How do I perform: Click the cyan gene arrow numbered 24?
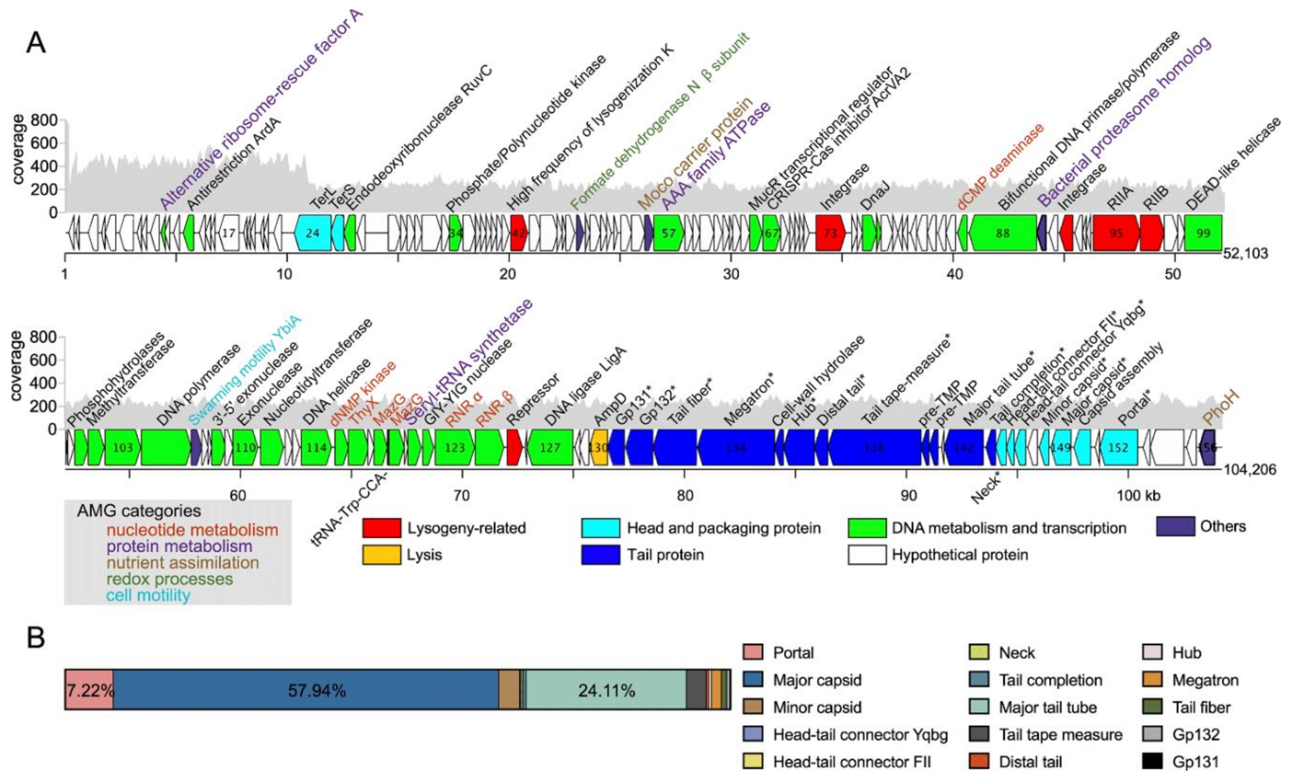[312, 233]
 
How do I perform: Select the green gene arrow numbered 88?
[1003, 233]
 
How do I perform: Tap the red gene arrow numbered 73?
[830, 233]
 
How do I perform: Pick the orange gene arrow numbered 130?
[599, 448]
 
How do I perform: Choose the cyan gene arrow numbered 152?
[1118, 448]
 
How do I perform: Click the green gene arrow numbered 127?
[550, 448]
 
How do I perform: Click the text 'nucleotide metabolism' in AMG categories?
[192, 530]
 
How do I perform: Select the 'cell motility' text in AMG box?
[148, 595]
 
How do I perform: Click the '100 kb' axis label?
[1138, 495]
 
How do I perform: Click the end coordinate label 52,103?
[1246, 254]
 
